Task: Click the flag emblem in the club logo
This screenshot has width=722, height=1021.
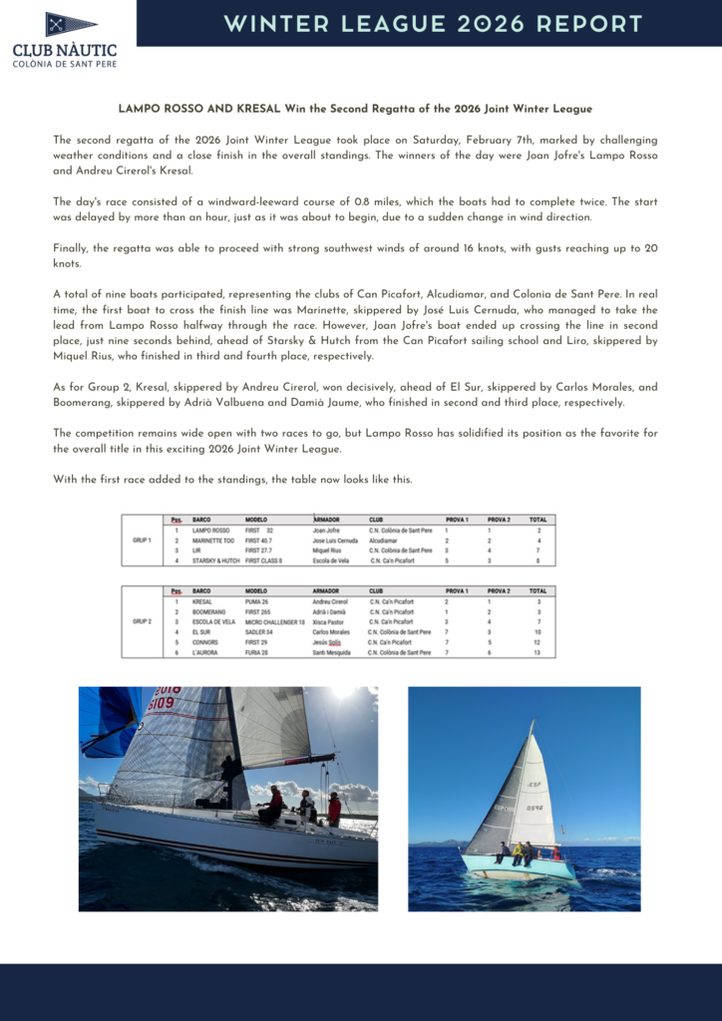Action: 70,25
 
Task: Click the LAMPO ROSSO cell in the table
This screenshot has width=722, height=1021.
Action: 210,530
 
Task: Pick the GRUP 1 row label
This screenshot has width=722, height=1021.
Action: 142,540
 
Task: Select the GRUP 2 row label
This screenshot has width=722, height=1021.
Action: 142,621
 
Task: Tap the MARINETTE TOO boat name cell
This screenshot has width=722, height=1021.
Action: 214,540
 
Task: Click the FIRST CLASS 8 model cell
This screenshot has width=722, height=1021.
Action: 264,560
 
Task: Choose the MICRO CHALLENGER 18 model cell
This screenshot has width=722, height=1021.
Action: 275,621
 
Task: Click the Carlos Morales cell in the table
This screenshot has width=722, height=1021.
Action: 331,631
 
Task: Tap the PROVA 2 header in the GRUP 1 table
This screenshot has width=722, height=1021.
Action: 499,518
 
